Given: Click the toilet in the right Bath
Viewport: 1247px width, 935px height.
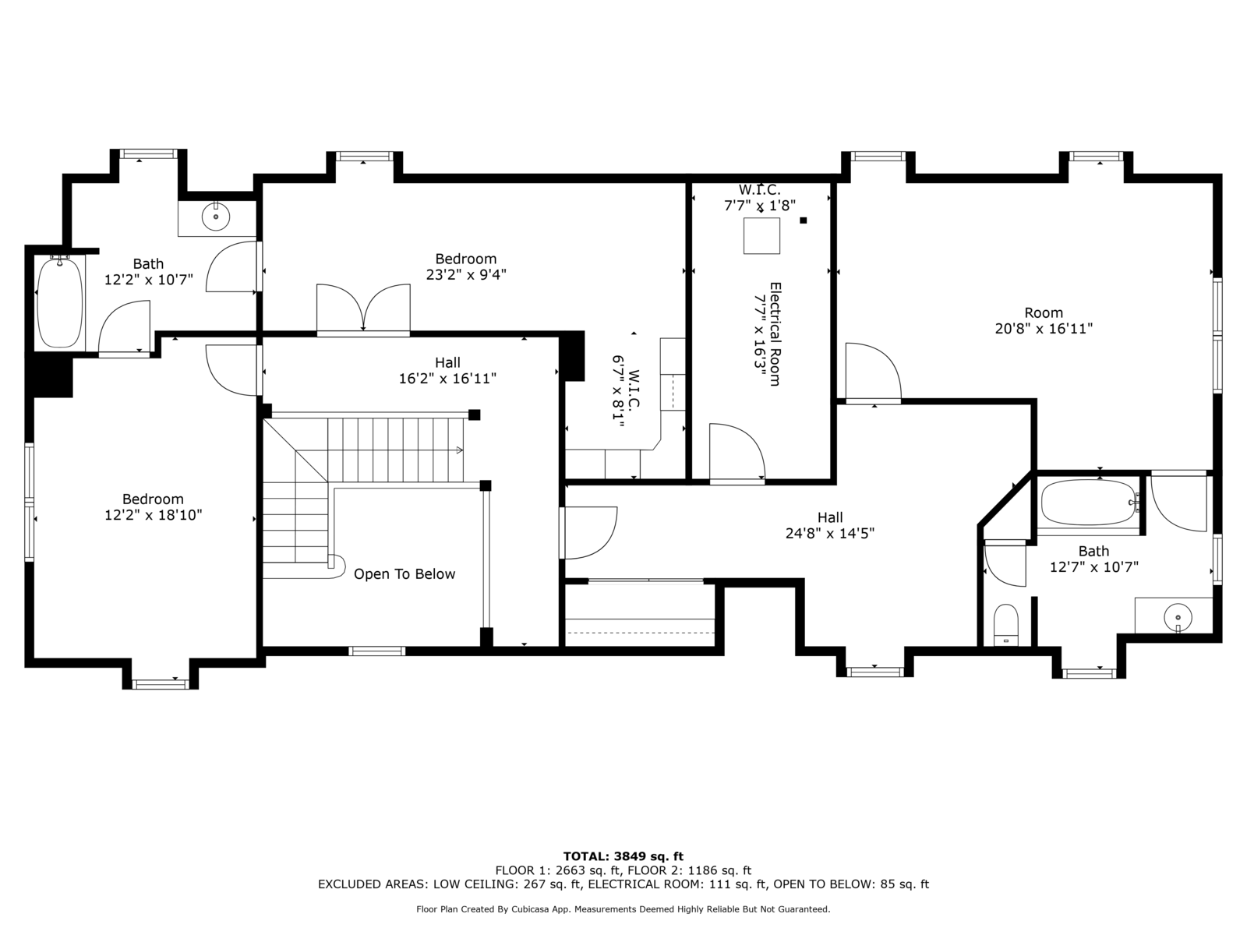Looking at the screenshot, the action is click(x=1005, y=625).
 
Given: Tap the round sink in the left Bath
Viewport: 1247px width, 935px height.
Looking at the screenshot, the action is click(x=216, y=217).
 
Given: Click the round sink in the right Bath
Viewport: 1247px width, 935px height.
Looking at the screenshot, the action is click(x=1178, y=617).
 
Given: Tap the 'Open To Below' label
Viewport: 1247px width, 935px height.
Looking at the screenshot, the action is click(x=404, y=574).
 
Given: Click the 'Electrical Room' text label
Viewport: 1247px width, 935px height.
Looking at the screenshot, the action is click(x=775, y=334).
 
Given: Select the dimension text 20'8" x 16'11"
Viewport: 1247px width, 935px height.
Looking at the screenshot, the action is click(x=1044, y=329).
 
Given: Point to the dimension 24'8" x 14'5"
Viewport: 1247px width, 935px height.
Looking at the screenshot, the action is click(x=830, y=533).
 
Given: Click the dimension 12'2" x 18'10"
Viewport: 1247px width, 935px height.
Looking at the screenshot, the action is click(x=154, y=515).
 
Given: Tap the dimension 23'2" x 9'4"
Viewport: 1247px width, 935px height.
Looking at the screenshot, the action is click(x=466, y=275).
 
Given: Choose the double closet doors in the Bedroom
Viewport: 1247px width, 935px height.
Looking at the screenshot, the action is click(x=363, y=309).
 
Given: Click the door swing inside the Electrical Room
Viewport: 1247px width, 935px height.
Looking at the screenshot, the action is click(x=737, y=453).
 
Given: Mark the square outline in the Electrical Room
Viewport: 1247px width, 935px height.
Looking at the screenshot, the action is click(x=761, y=236).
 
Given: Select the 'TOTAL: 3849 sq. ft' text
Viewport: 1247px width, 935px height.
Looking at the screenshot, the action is click(x=623, y=856).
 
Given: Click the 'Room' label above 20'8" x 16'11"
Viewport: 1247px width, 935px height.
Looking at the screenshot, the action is click(x=1044, y=312).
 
